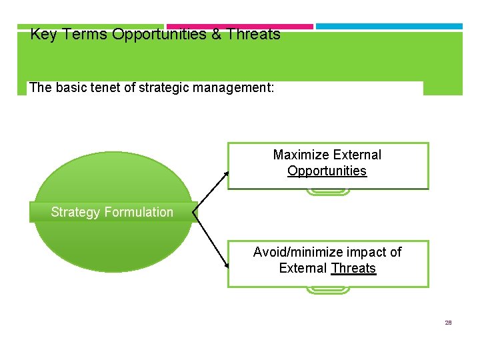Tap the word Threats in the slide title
coord(253,35)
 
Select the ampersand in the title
coord(216,35)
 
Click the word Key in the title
coord(43,35)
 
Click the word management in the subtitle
coord(233,88)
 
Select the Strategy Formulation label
coord(112,213)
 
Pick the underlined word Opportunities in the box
coord(327,171)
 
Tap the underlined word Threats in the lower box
coord(353,269)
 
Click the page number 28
coord(448,323)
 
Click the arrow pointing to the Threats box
coord(212,241)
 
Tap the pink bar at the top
coord(239,27)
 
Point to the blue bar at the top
coord(389,27)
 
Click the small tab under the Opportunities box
coord(327,192)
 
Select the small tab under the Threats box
coord(327,290)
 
